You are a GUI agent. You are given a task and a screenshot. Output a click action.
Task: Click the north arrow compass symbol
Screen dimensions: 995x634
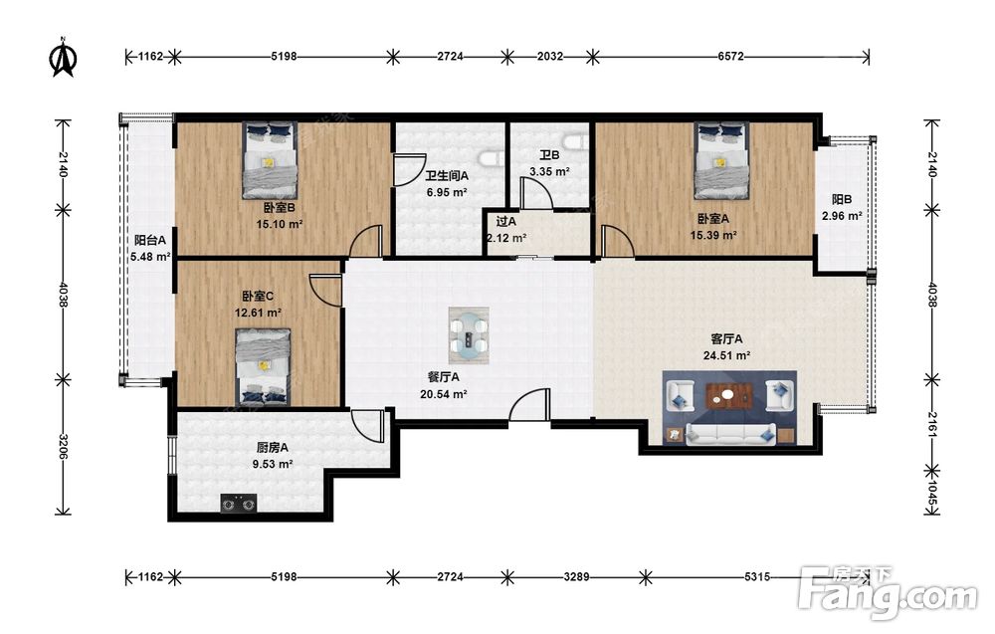point(63,57)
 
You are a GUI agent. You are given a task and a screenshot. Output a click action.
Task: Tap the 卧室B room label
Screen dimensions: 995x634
point(280,208)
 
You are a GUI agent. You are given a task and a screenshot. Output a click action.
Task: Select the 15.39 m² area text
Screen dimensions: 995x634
point(713,235)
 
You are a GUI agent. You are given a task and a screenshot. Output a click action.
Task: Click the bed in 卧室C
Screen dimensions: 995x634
point(263,367)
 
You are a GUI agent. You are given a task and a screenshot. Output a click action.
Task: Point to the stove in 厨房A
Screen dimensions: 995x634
point(239,504)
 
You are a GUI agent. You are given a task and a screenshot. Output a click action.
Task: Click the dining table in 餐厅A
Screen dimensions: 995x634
point(469,335)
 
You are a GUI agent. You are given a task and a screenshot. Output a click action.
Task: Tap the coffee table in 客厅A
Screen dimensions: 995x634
point(728,397)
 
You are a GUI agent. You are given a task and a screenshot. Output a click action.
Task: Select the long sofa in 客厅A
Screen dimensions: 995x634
point(731,435)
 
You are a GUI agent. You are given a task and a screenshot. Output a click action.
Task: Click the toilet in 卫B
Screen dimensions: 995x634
point(576,141)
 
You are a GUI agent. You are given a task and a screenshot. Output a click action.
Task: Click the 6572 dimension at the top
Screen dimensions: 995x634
point(730,57)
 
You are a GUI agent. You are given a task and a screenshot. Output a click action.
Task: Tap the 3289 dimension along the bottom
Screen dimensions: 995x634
point(576,577)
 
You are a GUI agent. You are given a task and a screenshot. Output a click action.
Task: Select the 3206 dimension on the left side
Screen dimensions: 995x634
point(63,448)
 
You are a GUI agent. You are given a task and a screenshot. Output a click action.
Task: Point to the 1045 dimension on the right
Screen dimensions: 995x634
point(931,493)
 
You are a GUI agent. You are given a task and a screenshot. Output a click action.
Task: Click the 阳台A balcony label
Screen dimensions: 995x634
point(150,240)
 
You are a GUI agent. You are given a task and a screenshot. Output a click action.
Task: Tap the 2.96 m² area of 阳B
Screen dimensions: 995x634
point(842,216)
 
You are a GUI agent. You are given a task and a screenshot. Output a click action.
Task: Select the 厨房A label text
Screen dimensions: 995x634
point(273,448)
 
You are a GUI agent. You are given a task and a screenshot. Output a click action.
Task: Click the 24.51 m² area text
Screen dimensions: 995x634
point(726,355)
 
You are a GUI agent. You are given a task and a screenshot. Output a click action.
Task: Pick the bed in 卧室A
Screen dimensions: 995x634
point(720,160)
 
